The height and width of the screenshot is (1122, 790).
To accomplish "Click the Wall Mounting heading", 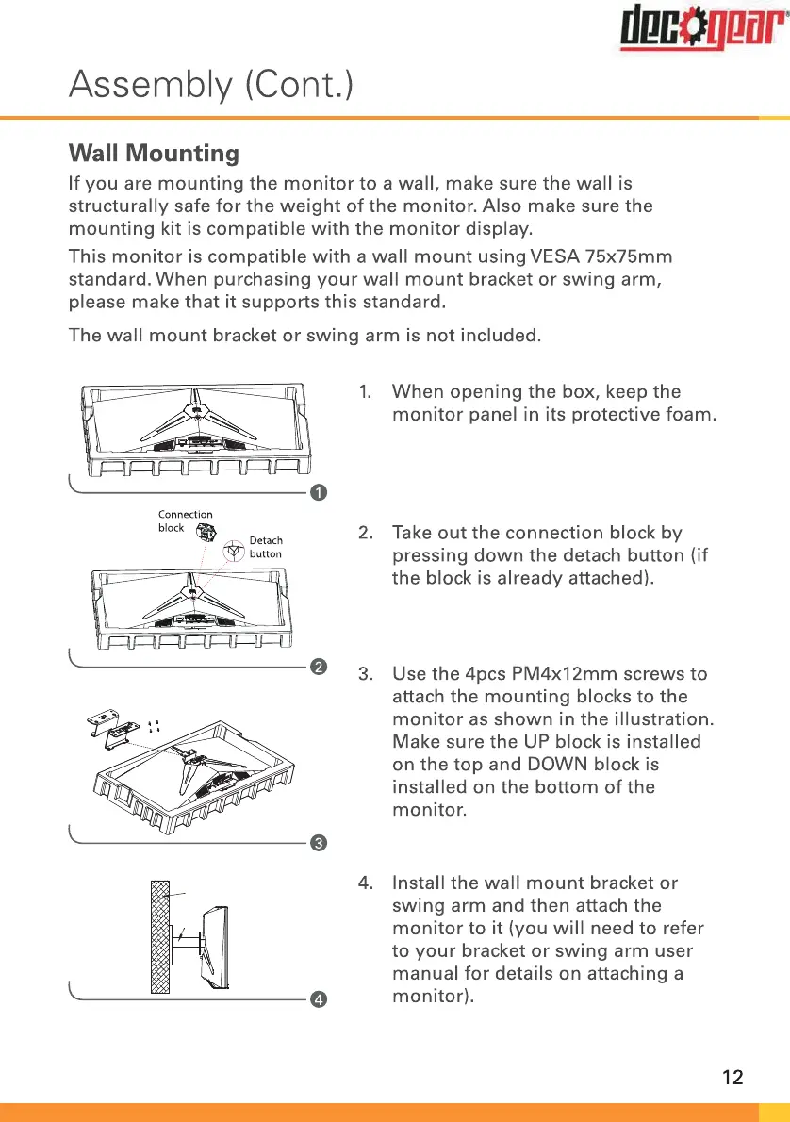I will tap(154, 153).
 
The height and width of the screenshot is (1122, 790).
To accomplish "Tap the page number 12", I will tap(732, 1077).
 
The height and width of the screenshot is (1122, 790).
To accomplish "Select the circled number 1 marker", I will tap(319, 493).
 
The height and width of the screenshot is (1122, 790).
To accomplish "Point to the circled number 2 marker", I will tap(319, 668).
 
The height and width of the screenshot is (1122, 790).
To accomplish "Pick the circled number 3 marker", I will tap(319, 842).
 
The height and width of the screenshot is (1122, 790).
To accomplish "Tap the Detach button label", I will tap(265, 547).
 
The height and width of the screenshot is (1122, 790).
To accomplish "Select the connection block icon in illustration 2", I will tap(205, 533).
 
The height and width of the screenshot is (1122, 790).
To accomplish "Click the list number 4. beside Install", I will tap(368, 883).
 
